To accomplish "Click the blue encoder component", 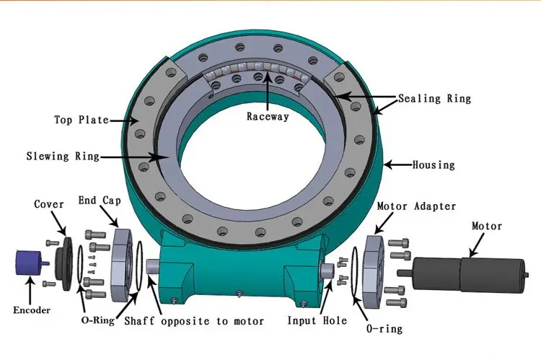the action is pos(32,263).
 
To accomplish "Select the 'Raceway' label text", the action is pos(268,116).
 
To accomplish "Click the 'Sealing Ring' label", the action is pos(434,98).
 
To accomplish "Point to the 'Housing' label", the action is pos(434,165).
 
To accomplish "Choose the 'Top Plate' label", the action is pos(82,120).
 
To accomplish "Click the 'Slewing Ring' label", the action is pos(63,156).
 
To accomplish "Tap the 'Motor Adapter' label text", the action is pos(416,206).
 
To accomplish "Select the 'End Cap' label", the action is pos(100,200).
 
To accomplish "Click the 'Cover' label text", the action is pos(48,204).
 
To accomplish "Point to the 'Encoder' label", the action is pos(32,310).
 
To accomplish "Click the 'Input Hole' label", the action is pos(317,320).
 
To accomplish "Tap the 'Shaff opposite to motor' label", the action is pos(194,321).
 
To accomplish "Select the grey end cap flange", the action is pos(121,264).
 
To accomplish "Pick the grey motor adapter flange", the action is pos(374,272).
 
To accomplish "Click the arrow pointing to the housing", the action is pos(398,165).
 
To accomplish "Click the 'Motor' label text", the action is pos(486,226).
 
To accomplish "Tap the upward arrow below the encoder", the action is pos(31,291).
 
